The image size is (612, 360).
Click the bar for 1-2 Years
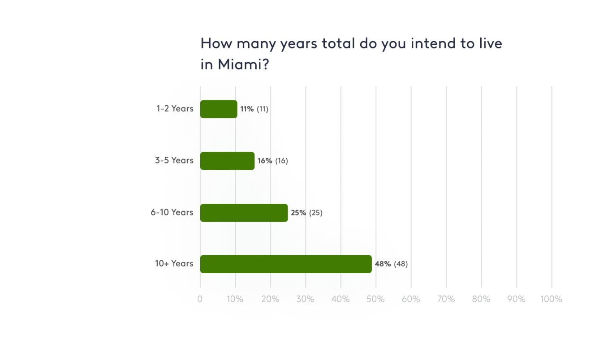[219, 109]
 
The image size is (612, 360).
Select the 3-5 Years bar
[227, 161]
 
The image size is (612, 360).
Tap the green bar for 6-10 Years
[244, 213]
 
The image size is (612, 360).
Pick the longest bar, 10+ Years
[286, 264]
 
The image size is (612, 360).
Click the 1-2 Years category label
[175, 108]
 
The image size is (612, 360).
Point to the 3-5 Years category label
[174, 160]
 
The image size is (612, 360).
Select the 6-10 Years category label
[172, 212]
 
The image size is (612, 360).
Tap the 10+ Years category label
[174, 263]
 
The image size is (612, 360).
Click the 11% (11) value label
[254, 109]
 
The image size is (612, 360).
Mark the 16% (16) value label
[272, 161]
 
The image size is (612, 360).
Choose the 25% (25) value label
[306, 213]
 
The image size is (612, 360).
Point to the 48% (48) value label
[391, 264]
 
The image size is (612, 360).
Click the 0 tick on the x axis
[200, 299]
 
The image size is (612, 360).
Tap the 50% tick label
[375, 299]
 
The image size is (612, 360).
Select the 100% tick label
[551, 299]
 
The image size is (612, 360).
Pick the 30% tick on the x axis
[305, 299]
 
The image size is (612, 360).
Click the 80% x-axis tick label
[481, 299]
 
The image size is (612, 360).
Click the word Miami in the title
[239, 64]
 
